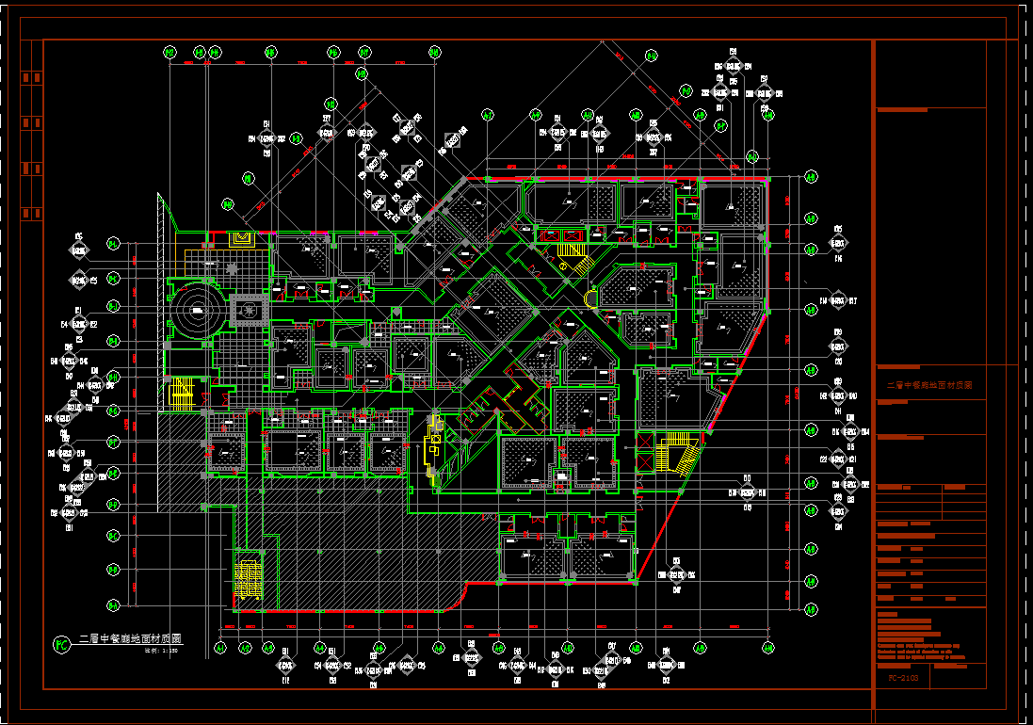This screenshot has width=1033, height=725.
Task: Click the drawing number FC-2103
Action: (904, 677)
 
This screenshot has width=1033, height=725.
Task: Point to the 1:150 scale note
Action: (161, 650)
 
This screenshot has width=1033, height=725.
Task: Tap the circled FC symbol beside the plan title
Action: (61, 645)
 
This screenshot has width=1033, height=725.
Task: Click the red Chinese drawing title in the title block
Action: (928, 386)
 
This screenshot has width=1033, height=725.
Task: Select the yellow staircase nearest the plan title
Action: (249, 577)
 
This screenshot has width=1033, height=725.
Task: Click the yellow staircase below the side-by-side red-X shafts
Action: (571, 255)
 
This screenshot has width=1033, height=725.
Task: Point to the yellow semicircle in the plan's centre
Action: (591, 299)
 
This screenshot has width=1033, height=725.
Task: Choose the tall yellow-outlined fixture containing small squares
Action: (434, 448)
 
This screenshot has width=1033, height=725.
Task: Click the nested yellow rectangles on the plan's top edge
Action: (242, 238)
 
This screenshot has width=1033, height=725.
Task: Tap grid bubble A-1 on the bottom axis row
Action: (220, 648)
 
